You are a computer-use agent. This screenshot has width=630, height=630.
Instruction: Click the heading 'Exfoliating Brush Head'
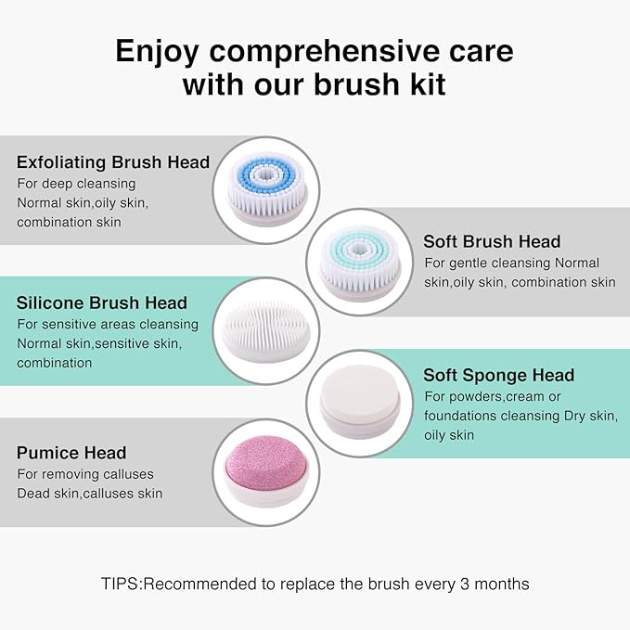(113, 162)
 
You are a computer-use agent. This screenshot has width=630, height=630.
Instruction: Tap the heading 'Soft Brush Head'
(492, 241)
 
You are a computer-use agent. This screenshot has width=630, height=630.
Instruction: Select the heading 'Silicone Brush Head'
(102, 302)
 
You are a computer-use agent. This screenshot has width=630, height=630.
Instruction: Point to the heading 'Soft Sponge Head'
(498, 375)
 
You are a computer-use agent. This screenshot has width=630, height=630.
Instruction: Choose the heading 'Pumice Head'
(71, 453)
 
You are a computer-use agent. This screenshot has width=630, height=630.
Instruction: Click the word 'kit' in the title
(421, 85)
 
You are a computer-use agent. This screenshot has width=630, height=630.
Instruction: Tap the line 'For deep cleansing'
(76, 184)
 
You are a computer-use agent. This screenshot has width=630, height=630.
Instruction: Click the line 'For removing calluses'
(84, 474)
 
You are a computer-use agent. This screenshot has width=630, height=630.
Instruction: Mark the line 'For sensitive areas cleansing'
(108, 324)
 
